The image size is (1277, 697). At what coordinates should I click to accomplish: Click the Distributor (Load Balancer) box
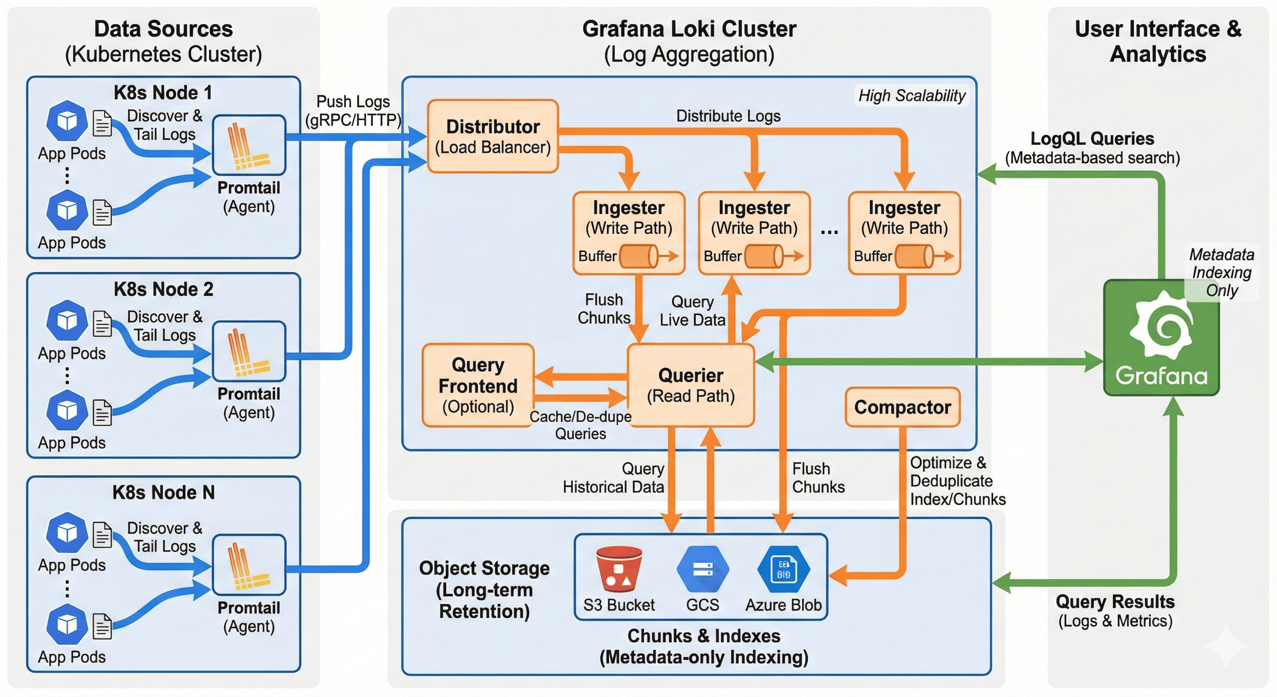(493, 137)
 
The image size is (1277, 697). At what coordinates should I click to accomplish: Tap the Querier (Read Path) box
(691, 385)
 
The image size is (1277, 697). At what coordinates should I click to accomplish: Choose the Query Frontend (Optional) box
(478, 385)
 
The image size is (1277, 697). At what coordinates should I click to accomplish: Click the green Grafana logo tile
(1161, 338)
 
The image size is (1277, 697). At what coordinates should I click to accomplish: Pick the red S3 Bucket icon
(619, 569)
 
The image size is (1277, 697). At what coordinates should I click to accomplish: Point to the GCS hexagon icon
(702, 569)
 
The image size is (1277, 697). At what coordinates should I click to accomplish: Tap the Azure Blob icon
(783, 569)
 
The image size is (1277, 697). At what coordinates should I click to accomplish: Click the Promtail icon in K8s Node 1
(249, 145)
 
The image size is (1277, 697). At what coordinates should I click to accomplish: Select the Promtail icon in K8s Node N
(249, 565)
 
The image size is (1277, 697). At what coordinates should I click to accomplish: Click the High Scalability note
(911, 96)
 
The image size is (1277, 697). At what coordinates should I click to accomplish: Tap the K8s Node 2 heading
(163, 289)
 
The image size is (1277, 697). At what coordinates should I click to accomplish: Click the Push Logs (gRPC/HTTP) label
(353, 111)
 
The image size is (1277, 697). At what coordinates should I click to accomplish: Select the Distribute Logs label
(728, 116)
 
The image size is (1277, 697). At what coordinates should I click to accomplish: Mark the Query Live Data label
(692, 311)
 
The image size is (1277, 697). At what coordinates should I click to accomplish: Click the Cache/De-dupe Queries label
(580, 425)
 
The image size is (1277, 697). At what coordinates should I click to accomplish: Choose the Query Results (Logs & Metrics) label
(1115, 611)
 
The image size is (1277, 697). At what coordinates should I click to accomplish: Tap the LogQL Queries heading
(1092, 138)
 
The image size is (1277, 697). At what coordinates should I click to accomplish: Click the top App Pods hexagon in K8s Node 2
(67, 320)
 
